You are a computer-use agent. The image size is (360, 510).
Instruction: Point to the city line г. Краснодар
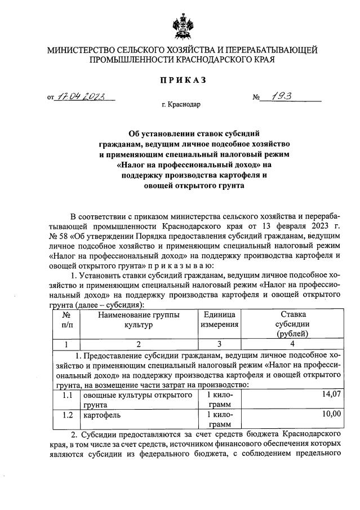[x=180, y=104]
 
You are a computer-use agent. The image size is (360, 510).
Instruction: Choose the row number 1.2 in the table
[x=66, y=415]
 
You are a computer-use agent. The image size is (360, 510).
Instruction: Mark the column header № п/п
[x=66, y=320]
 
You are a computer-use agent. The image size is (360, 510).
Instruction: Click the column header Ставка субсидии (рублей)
[x=291, y=324]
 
